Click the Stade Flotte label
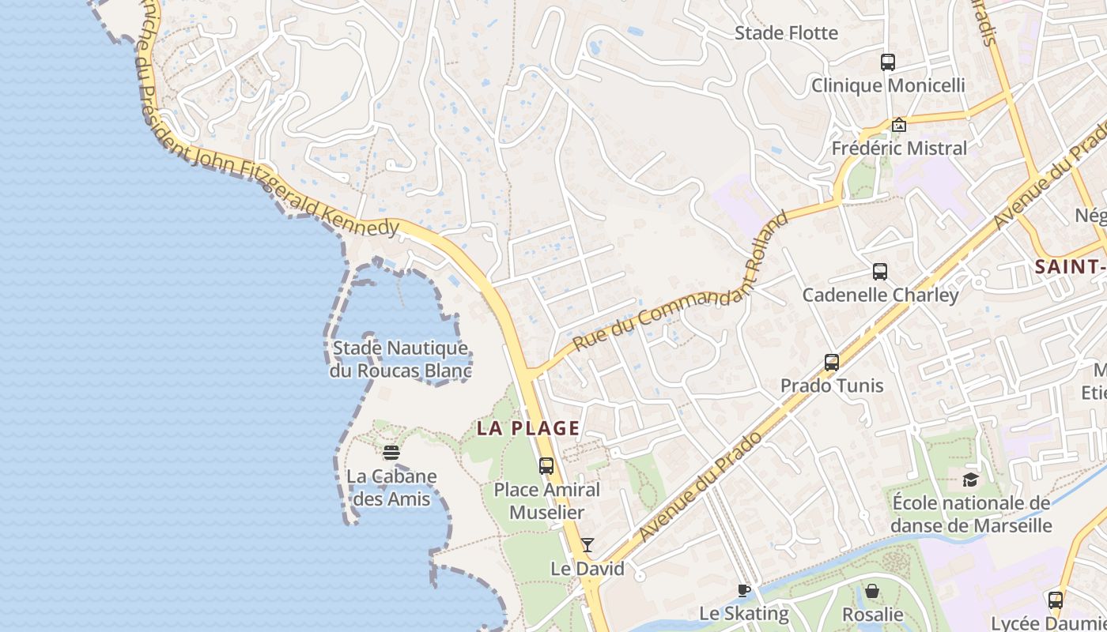click(786, 33)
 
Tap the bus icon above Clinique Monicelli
click(888, 62)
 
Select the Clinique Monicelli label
click(888, 85)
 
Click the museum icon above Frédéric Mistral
click(898, 125)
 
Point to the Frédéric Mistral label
click(899, 149)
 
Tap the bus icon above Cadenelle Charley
click(880, 272)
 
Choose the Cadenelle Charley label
click(880, 295)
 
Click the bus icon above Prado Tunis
click(832, 363)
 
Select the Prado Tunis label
click(832, 386)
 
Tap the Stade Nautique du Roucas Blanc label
click(400, 359)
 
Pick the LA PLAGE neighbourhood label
click(528, 429)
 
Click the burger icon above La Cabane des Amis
click(391, 453)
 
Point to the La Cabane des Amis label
click(391, 487)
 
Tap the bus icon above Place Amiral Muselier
click(546, 466)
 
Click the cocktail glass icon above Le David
click(588, 545)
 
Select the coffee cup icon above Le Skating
click(744, 590)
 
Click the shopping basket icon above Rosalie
click(872, 591)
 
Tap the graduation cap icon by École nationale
click(970, 480)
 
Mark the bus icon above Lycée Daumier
click(1055, 600)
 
